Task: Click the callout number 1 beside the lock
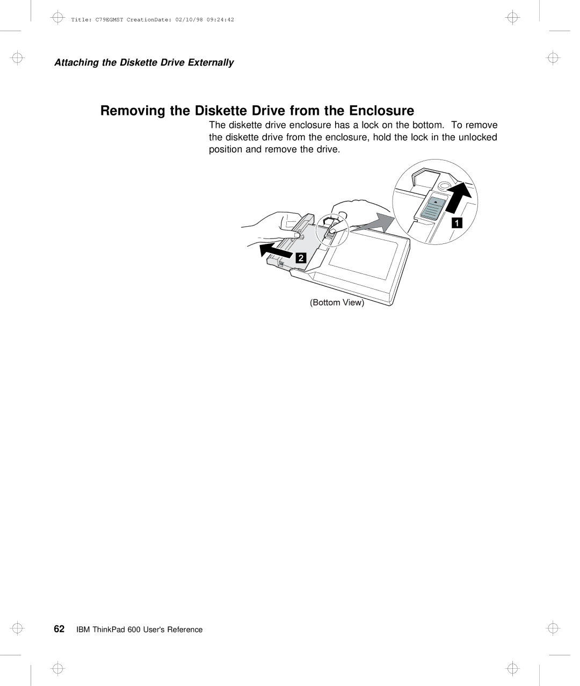click(x=456, y=223)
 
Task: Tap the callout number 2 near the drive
click(x=301, y=258)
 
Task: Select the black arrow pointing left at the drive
click(x=276, y=250)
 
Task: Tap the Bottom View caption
click(x=337, y=302)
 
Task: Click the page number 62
click(x=60, y=629)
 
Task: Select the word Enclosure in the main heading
click(x=382, y=111)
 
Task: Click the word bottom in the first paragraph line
click(x=428, y=125)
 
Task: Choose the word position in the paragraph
click(x=226, y=149)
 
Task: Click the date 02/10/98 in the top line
click(x=191, y=20)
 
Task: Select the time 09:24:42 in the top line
click(x=220, y=20)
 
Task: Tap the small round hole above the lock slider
click(x=444, y=186)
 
